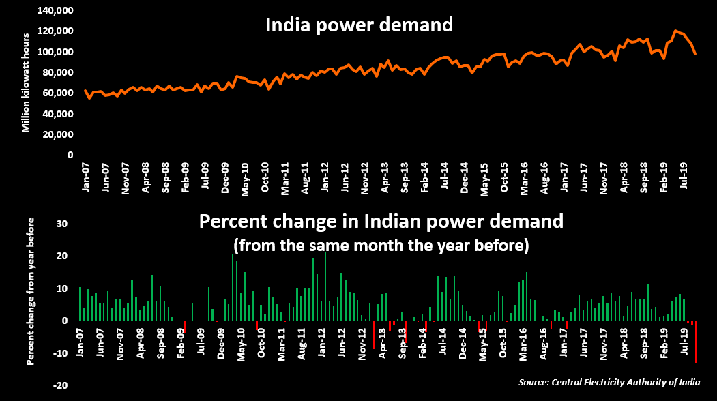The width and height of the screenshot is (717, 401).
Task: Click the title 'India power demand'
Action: point(359,25)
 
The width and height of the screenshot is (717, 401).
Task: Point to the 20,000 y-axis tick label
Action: point(57,134)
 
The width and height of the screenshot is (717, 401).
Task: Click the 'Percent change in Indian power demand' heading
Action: point(381,222)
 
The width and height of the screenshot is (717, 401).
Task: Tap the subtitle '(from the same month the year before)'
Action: point(381,244)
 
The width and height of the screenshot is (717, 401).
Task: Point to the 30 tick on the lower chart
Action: point(61,224)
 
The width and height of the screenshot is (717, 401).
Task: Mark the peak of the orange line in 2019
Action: point(675,31)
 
